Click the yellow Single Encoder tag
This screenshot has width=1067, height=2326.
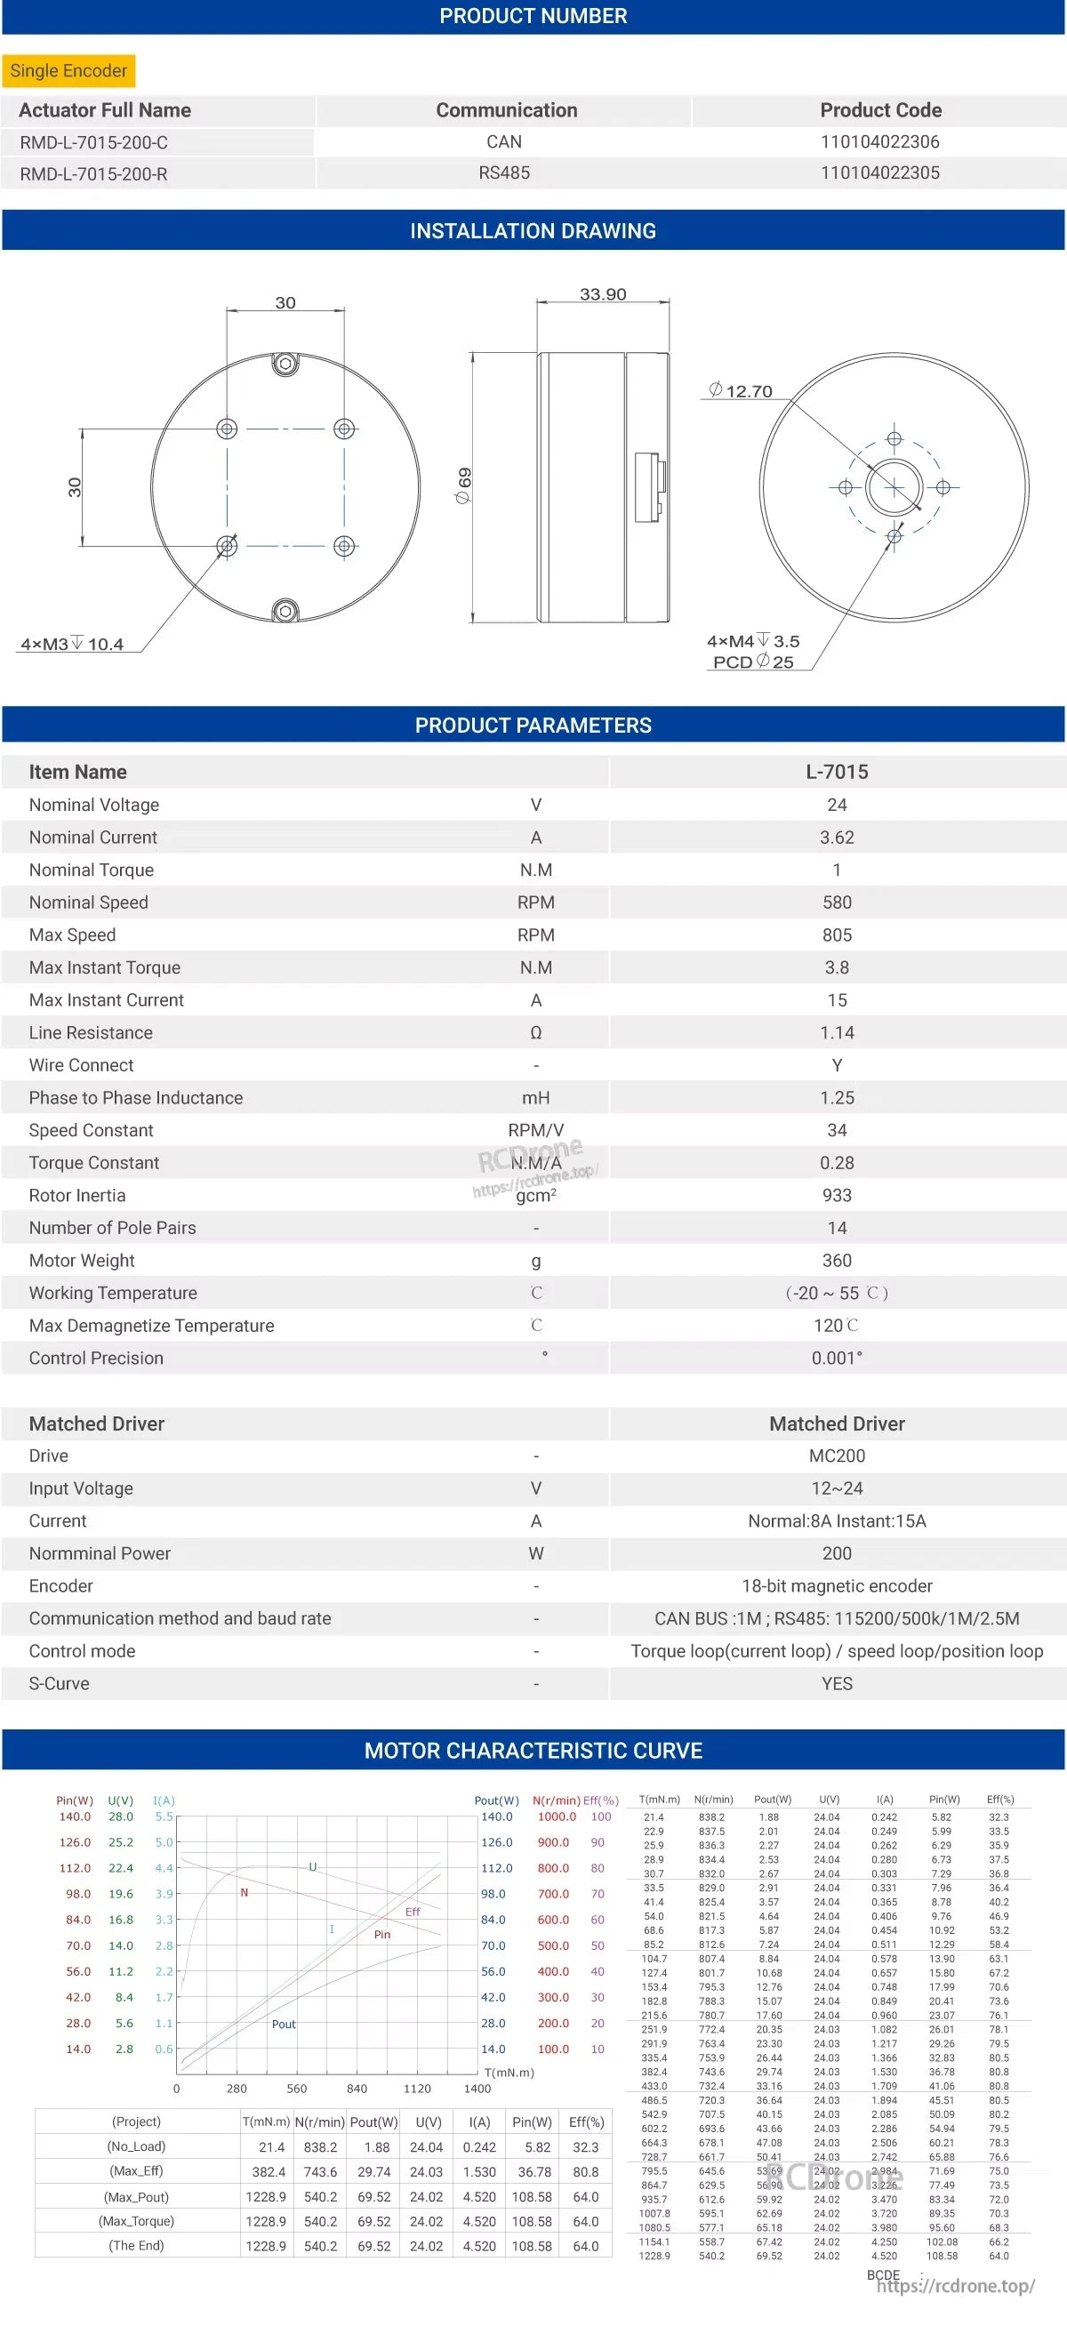point(68,70)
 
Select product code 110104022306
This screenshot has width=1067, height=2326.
point(879,141)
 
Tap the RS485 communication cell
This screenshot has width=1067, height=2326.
point(503,172)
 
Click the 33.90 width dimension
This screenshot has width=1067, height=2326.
point(602,294)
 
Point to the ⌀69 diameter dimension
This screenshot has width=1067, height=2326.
point(464,485)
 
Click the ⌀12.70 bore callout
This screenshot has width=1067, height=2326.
point(742,391)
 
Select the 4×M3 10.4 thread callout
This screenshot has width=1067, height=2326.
point(72,644)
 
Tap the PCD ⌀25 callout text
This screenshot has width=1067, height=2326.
point(753,662)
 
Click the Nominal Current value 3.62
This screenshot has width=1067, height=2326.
point(836,837)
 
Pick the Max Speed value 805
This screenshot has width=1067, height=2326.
point(836,934)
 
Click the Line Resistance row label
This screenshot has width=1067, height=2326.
point(91,1032)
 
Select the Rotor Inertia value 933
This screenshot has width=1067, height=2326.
point(836,1195)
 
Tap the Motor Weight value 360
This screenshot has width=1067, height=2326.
point(836,1260)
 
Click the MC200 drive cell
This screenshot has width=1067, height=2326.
point(836,1456)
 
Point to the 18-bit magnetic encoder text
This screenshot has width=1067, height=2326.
point(836,1585)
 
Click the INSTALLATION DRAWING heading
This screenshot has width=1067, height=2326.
point(533,231)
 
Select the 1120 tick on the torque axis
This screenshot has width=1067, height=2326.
point(417,2089)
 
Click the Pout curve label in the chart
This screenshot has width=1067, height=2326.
point(284,2024)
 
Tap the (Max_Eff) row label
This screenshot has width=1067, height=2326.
point(137,2170)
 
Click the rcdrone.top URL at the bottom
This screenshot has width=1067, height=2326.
point(955,2285)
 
